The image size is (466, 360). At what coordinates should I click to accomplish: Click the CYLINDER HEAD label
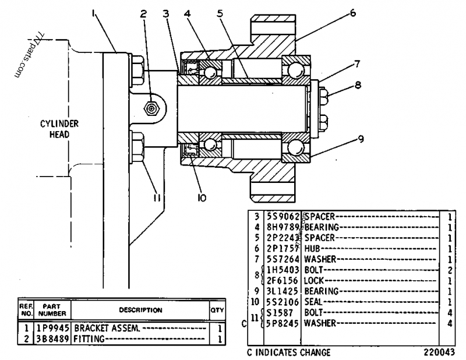click(x=59, y=129)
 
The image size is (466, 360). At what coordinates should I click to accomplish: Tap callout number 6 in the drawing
click(x=353, y=12)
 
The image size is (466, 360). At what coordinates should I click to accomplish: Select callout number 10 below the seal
click(x=202, y=198)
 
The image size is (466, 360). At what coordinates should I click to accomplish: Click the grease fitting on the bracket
click(x=151, y=108)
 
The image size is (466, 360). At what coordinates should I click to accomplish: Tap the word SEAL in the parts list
click(x=314, y=301)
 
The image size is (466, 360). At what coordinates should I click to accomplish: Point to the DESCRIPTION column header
click(x=141, y=310)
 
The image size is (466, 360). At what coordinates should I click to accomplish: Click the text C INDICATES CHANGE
click(x=289, y=352)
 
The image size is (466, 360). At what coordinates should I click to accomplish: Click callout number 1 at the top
click(x=94, y=10)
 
